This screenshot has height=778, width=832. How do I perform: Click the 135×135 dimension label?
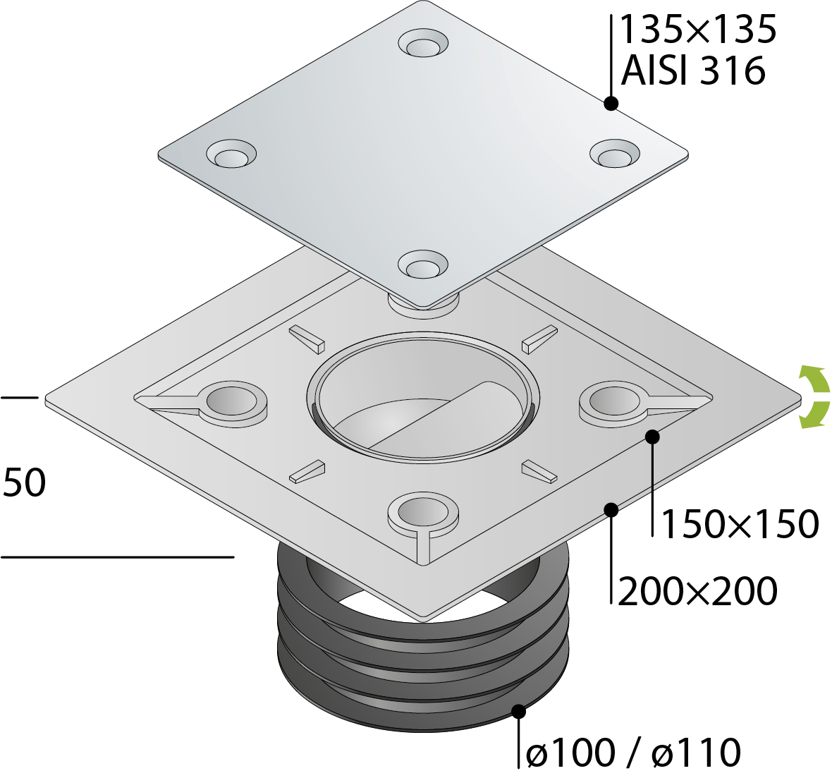(x=697, y=30)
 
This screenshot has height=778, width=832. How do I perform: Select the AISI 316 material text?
(x=692, y=71)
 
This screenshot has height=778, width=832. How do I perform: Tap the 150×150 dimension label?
(x=740, y=524)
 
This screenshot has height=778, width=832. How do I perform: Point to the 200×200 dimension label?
(x=697, y=591)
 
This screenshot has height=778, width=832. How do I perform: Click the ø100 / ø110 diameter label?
(x=633, y=753)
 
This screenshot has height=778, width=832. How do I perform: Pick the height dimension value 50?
(x=25, y=483)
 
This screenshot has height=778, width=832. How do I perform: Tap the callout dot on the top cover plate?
(x=611, y=104)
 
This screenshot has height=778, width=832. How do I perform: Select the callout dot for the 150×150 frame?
(x=652, y=437)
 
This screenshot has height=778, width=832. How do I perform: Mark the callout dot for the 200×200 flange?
(x=611, y=509)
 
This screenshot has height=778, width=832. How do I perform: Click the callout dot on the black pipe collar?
(x=520, y=711)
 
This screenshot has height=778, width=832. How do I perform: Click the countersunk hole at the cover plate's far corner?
(x=423, y=44)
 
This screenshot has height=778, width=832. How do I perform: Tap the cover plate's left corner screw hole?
(x=231, y=155)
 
